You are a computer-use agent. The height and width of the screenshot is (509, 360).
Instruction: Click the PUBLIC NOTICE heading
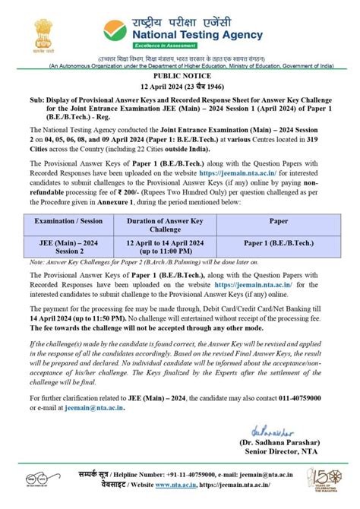tap(180, 77)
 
